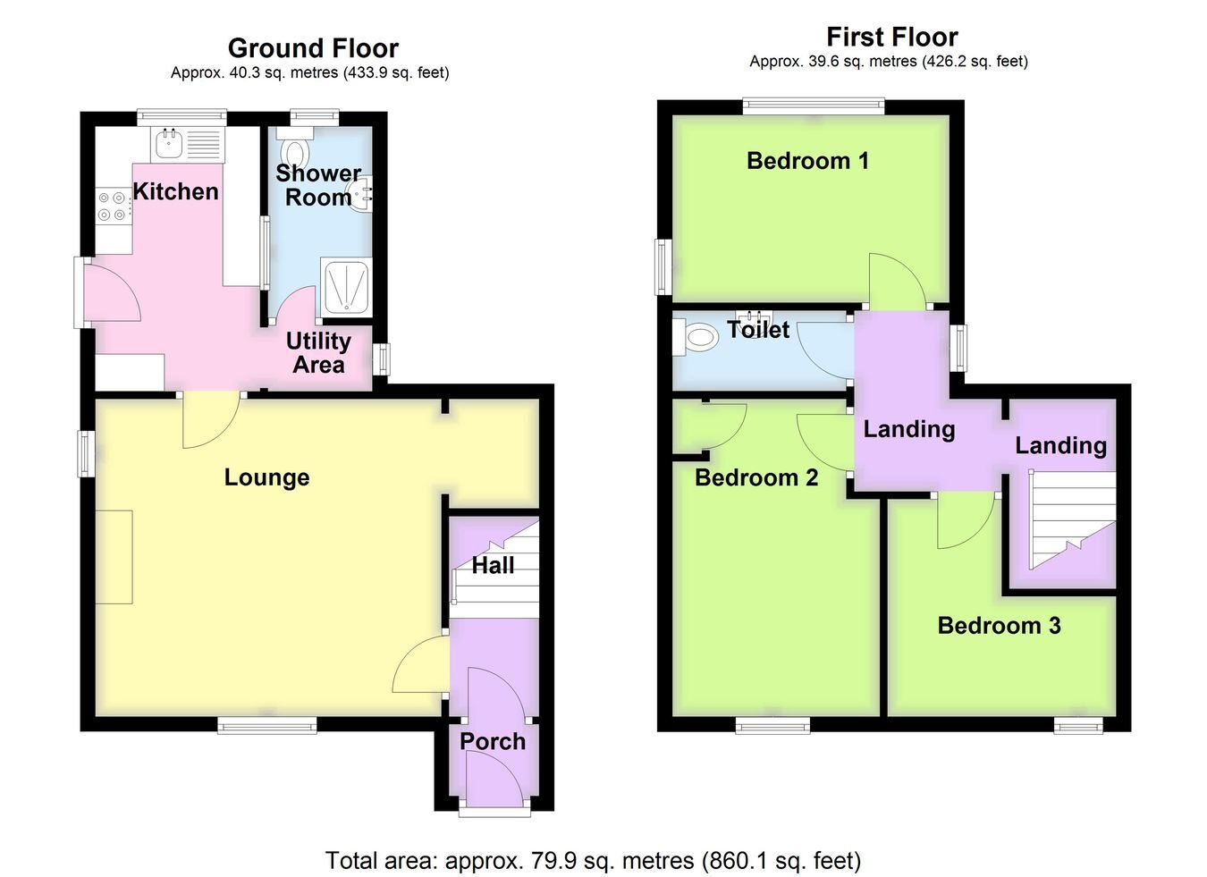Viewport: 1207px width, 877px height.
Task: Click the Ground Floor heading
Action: click(313, 48)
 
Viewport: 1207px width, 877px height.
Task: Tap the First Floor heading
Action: click(892, 38)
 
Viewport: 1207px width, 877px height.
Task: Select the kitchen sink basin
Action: click(169, 143)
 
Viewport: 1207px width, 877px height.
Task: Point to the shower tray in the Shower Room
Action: click(346, 287)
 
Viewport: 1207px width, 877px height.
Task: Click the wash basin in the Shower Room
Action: click(360, 193)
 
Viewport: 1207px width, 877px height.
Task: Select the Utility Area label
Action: click(318, 353)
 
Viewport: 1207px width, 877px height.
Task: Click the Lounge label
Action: click(266, 477)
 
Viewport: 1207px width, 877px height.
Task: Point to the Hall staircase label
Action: click(493, 566)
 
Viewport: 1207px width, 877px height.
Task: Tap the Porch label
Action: click(493, 742)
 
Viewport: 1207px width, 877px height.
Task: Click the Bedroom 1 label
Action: click(807, 161)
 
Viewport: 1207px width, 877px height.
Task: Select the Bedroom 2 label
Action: click(756, 477)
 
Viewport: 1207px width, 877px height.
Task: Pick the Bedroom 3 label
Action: click(999, 626)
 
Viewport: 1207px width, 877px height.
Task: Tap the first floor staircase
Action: click(1072, 520)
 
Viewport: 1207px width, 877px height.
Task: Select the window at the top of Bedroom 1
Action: click(813, 106)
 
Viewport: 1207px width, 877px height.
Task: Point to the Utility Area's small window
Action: click(382, 359)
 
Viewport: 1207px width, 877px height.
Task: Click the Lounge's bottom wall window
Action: click(267, 725)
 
